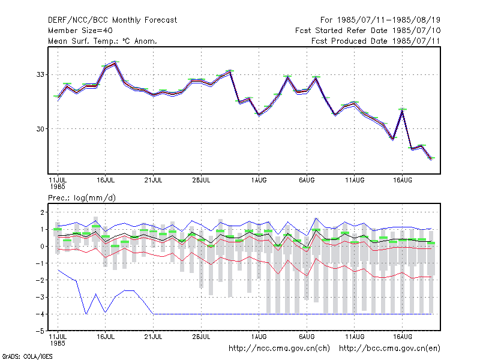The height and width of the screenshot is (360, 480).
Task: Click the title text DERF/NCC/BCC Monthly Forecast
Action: (x=112, y=20)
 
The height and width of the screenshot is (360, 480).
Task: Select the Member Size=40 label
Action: (x=80, y=31)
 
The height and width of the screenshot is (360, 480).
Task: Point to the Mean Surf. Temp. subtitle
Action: (x=103, y=41)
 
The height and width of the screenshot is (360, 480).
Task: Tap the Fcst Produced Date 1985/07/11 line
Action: (x=376, y=41)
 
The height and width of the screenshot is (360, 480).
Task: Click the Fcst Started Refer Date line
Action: (x=368, y=31)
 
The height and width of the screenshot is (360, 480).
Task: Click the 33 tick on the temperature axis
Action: (x=40, y=74)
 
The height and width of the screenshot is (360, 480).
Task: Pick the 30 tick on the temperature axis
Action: (x=40, y=129)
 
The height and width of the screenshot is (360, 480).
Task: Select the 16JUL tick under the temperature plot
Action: (x=106, y=180)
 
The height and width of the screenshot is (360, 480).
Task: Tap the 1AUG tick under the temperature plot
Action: (x=259, y=180)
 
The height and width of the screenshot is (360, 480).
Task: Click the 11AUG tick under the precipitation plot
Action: (x=355, y=337)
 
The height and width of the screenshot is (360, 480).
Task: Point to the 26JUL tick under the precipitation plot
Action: (x=201, y=337)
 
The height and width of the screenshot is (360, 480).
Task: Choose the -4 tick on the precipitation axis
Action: (x=40, y=314)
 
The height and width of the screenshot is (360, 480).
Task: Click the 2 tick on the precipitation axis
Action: (x=42, y=212)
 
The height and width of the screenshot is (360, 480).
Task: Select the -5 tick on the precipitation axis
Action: (x=40, y=331)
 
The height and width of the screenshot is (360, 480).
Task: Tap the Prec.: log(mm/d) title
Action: (x=82, y=198)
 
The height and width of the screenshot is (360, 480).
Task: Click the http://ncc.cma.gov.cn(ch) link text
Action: (x=279, y=349)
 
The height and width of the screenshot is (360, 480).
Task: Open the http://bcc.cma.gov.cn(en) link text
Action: (x=389, y=349)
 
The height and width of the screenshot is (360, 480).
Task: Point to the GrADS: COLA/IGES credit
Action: (x=27, y=356)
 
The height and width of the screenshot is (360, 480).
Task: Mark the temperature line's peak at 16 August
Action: (x=402, y=110)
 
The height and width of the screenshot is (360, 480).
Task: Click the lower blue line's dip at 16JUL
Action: (x=106, y=312)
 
